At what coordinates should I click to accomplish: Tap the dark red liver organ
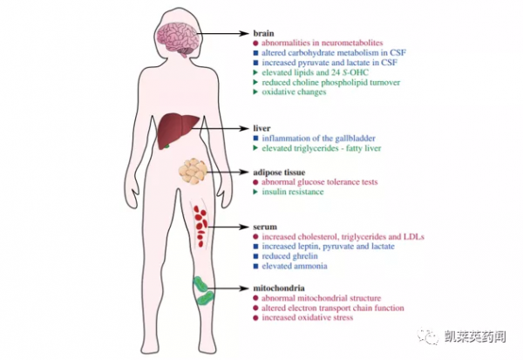180,132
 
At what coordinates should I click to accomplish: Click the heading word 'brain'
262,31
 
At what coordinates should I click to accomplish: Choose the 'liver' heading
261,128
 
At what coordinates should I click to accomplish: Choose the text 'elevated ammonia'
295,267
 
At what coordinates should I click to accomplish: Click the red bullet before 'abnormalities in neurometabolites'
255,43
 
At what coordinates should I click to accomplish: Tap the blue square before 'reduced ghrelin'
255,256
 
